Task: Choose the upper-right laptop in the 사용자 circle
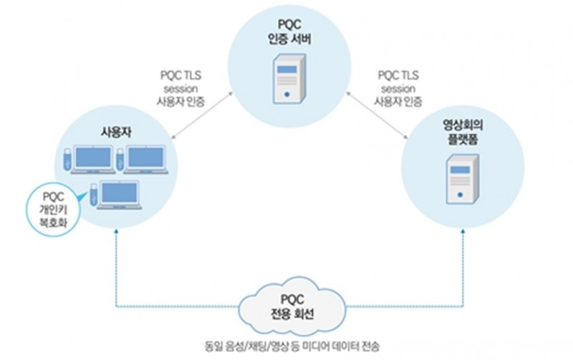[x=145, y=159]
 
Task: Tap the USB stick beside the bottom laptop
[x=92, y=195]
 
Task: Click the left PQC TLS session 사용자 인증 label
[x=180, y=87]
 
